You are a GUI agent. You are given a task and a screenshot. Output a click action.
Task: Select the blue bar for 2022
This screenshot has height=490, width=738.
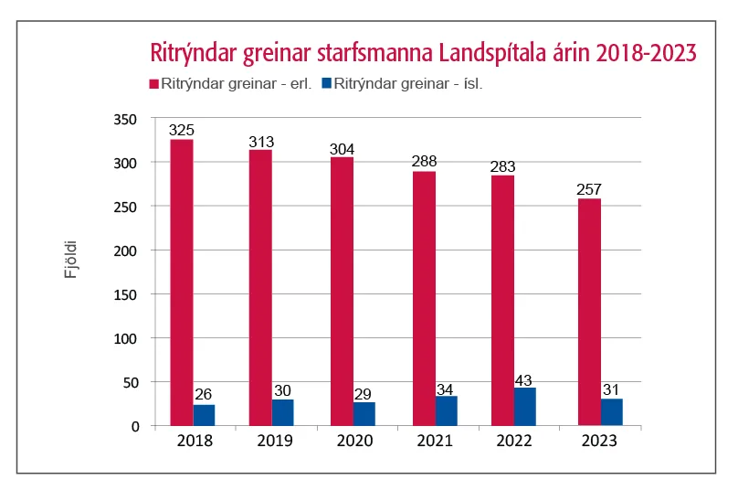[525, 407]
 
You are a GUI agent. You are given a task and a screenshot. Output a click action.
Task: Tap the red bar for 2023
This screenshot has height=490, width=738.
[589, 312]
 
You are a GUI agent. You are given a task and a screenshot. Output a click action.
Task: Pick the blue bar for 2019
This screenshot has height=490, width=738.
[283, 412]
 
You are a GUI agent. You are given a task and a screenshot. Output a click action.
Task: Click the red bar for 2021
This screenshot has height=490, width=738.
[424, 298]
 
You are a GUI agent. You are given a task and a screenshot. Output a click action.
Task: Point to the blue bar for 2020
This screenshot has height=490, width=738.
[364, 413]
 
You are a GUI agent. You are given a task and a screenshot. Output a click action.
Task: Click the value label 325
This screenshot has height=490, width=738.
[182, 131]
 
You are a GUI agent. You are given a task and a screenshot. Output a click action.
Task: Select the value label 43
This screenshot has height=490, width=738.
[525, 379]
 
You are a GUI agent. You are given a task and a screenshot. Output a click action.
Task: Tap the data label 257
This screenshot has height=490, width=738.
[589, 190]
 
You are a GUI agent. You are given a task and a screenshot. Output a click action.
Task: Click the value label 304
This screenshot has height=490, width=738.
[343, 149]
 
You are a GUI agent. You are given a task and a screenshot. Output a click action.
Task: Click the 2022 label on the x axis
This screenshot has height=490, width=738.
[516, 442]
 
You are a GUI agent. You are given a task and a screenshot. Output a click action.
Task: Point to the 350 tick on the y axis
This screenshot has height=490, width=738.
[125, 120]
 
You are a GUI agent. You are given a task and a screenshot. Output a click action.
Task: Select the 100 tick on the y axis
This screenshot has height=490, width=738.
[125, 338]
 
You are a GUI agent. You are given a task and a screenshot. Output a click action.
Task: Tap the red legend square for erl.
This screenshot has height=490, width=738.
[154, 84]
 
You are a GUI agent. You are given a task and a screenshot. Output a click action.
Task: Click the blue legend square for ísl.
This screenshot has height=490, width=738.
[327, 84]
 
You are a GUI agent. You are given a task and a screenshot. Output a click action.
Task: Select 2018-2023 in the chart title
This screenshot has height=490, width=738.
[639, 54]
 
